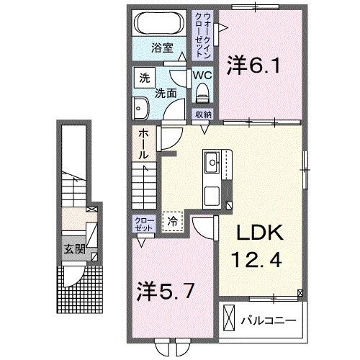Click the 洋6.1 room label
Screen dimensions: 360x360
click(x=253, y=66)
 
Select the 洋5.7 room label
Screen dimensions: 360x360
click(x=164, y=292)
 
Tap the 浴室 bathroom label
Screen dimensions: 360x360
click(x=162, y=48)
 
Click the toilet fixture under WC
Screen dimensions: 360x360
click(x=202, y=91)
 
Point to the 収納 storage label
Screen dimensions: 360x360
click(x=202, y=114)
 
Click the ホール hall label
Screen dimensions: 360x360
click(x=143, y=143)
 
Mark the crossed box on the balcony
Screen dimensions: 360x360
click(x=229, y=317)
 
